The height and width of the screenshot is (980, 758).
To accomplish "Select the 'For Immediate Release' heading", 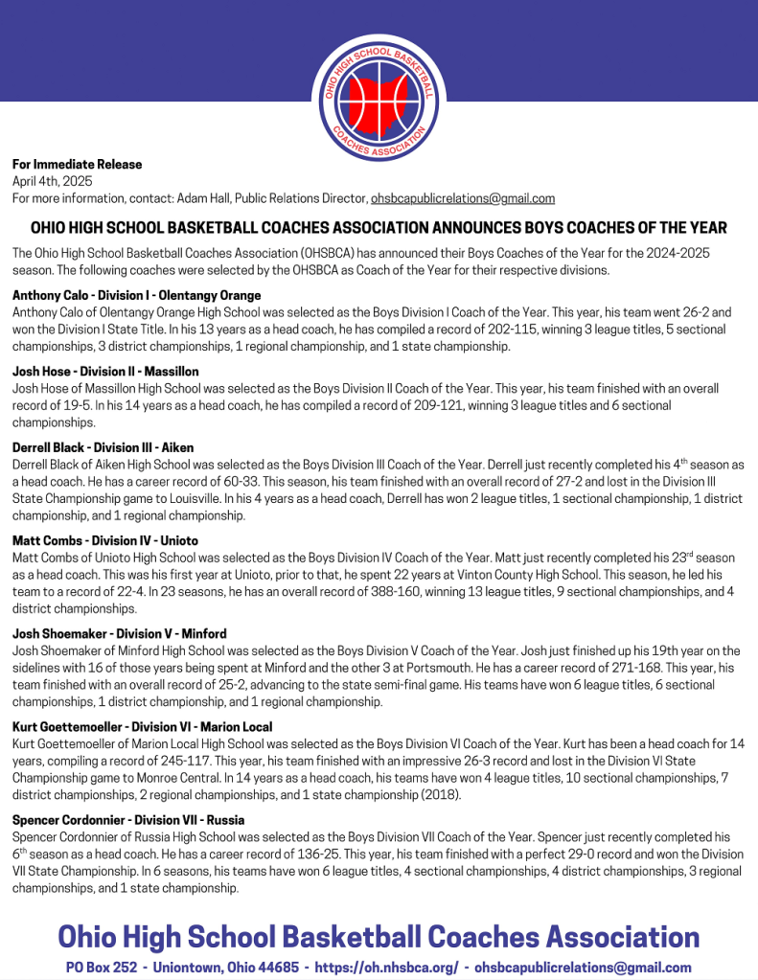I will (77, 165).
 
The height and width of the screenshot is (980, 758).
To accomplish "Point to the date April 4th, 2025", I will (52, 181).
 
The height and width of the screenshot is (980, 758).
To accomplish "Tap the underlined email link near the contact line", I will (463, 198).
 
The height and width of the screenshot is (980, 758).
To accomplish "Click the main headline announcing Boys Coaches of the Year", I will (379, 228).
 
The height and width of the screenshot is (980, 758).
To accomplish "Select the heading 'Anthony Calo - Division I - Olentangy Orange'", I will (137, 295).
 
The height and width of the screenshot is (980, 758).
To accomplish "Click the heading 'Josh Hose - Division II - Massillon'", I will (105, 371).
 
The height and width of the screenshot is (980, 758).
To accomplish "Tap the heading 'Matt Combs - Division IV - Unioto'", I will (105, 540).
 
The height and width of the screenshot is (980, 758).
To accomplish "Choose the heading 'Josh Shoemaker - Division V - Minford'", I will (121, 633).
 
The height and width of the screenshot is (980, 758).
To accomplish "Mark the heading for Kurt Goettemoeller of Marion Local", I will (142, 727).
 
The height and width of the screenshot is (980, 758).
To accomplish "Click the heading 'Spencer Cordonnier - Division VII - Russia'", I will (128, 820).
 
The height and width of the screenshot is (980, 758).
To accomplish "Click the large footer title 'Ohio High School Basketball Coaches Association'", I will (379, 936).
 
